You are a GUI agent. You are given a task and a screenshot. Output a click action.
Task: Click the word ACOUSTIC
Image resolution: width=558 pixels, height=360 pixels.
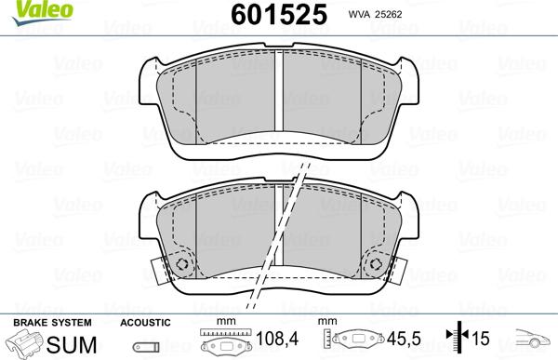(145, 322)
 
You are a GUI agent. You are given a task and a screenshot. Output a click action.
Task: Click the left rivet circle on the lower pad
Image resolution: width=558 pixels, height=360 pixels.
(181, 266)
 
